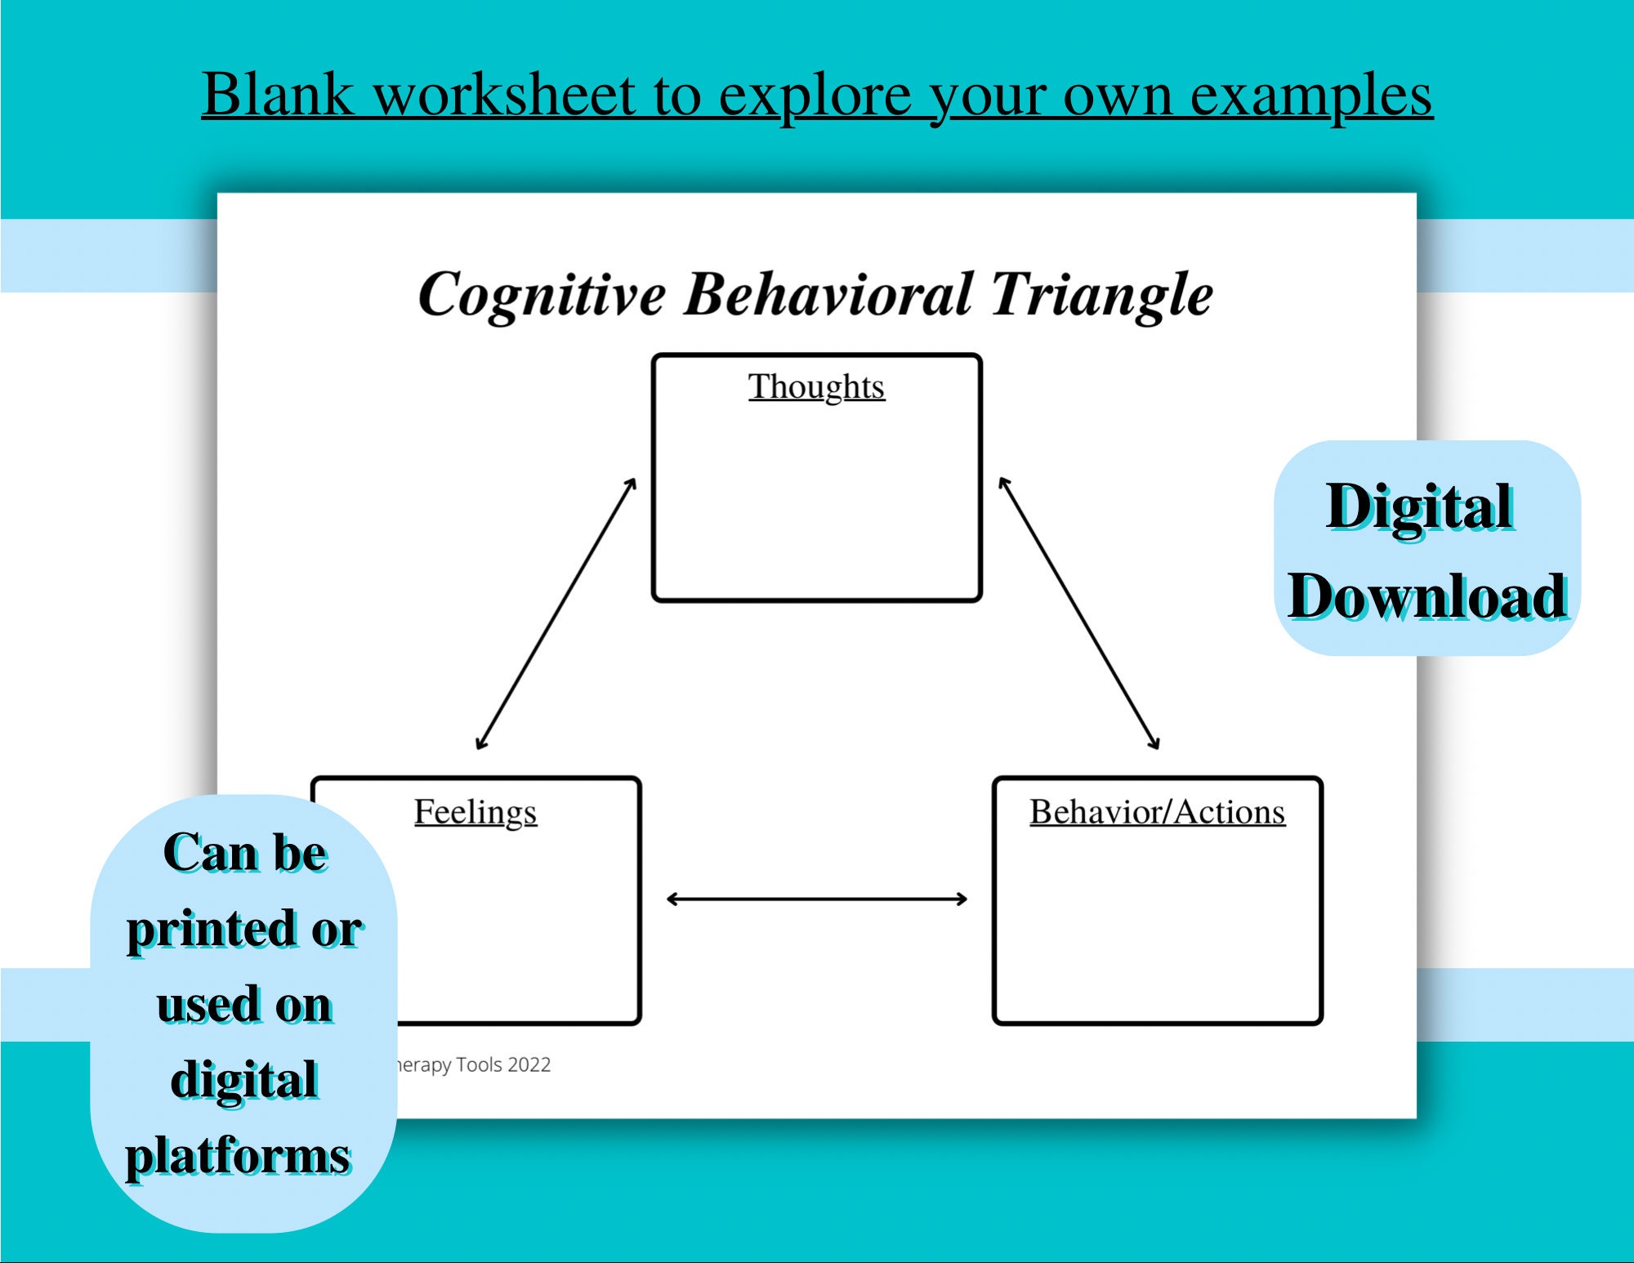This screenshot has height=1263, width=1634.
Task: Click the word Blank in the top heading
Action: pos(278,95)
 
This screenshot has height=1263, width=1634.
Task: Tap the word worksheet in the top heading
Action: pos(504,95)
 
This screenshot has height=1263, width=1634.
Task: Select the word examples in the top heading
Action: pos(1310,96)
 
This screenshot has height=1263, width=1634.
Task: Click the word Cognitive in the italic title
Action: pos(542,295)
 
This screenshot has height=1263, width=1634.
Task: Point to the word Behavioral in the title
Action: pos(828,293)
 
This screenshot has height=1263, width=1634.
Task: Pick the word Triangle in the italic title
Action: pos(1102,295)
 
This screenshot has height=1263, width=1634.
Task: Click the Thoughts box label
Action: pos(816,387)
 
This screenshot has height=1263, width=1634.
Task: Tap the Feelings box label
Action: pos(475,812)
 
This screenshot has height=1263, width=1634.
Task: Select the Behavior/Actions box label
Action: pos(1157,812)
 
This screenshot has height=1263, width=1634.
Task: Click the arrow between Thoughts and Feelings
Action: pos(556,614)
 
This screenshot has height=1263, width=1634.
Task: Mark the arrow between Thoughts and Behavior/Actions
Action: pos(1078,614)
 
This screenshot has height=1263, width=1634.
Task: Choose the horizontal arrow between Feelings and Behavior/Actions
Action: pos(817,899)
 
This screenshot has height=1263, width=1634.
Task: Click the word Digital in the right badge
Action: pos(1420,507)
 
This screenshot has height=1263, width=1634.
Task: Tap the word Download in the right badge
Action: pos(1427,596)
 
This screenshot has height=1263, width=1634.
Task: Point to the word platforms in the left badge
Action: pos(238,1156)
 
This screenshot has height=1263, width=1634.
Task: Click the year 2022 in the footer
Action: pos(529,1064)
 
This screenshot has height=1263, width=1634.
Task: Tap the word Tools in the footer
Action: pos(479,1064)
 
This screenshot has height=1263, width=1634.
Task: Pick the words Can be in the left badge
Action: pos(245,853)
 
